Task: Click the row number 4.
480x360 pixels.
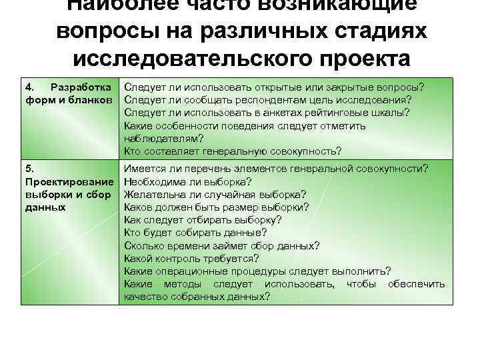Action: tap(29, 88)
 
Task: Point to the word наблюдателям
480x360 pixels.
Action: tap(161, 138)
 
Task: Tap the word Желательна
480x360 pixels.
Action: tap(154, 195)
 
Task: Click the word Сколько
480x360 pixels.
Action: tap(143, 245)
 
